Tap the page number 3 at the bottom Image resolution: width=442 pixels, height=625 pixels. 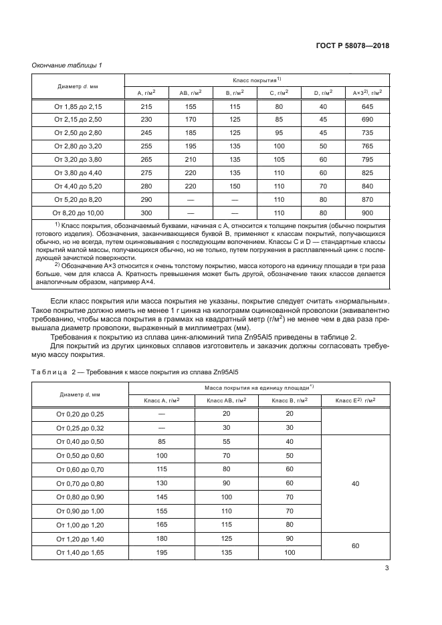pyautogui.click(x=386, y=569)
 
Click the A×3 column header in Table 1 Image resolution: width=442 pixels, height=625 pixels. pyautogui.click(x=366, y=93)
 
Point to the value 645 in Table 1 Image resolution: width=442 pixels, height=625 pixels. pyautogui.click(x=366, y=107)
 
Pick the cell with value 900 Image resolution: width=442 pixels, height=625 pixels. pyautogui.click(x=366, y=213)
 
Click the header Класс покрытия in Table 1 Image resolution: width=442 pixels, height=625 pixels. pyautogui.click(x=257, y=79)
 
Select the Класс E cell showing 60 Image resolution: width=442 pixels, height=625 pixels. pyautogui.click(x=355, y=545)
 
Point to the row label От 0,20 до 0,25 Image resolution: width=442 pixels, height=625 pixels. pyautogui.click(x=79, y=414)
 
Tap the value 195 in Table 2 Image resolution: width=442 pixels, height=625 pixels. pyautogui.click(x=160, y=552)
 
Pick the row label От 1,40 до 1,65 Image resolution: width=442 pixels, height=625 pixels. pyautogui.click(x=79, y=552)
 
